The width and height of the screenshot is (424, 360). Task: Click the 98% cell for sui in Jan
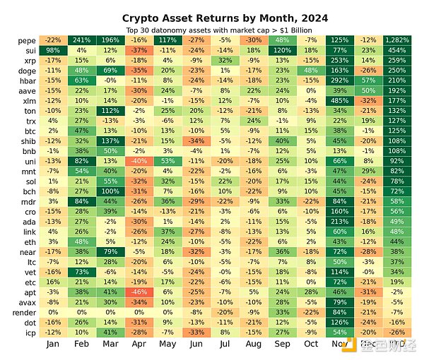[52, 50]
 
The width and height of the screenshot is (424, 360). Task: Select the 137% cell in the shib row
[110, 140]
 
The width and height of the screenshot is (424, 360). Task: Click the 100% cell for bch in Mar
[110, 191]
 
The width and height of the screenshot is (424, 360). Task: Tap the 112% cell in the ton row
[110, 111]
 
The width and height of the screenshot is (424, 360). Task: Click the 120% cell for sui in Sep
[283, 50]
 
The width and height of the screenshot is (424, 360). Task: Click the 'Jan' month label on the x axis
[52, 344]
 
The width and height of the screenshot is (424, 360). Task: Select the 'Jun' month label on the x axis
[196, 344]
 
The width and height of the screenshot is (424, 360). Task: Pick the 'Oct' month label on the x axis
[311, 344]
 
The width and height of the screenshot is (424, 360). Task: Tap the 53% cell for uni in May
[167, 161]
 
